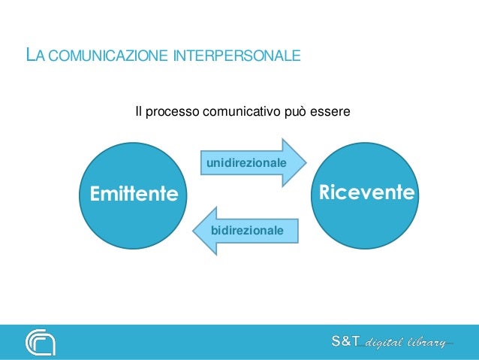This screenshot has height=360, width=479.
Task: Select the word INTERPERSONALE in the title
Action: click(x=236, y=56)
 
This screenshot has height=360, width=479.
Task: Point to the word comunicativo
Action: click(x=239, y=113)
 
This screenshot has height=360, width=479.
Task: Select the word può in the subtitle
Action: click(x=294, y=113)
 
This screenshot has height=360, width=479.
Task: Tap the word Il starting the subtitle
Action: click(x=137, y=113)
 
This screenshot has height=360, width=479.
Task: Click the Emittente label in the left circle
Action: click(x=134, y=195)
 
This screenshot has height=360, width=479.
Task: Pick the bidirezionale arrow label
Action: click(x=247, y=228)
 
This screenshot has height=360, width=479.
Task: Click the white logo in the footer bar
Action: click(x=40, y=342)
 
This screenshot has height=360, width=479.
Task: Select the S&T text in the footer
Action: click(x=346, y=343)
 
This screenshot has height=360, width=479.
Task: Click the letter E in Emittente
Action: click(x=96, y=195)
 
